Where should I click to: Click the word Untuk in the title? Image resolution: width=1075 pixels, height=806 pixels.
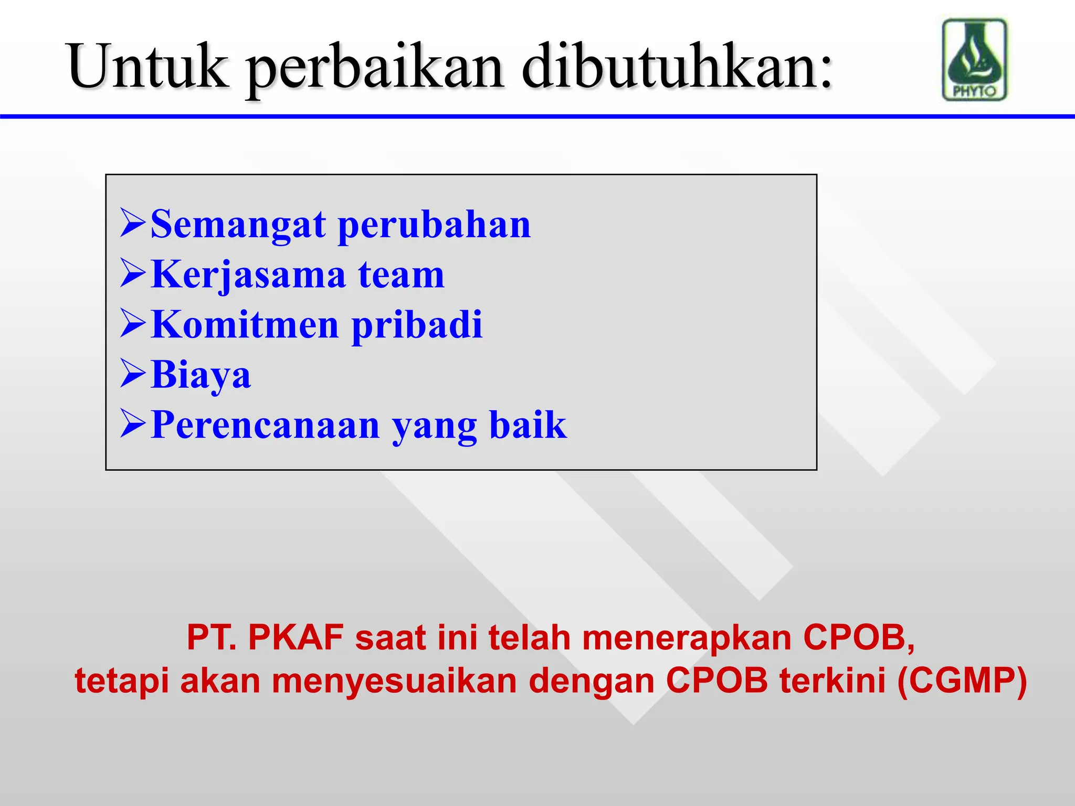[148, 67]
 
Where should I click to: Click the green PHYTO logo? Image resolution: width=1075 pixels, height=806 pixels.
[975, 60]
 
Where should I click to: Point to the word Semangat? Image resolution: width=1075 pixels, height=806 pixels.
[238, 225]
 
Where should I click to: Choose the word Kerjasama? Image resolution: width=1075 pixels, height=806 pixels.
[248, 275]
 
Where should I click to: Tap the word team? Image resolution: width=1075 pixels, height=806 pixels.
[402, 275]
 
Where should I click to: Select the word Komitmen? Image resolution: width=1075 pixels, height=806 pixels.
[245, 324]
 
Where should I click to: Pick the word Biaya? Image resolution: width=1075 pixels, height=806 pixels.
[201, 375]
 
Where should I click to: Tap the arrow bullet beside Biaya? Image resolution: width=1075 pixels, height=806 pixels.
[132, 374]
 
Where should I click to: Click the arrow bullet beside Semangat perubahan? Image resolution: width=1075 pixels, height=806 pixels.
[132, 222]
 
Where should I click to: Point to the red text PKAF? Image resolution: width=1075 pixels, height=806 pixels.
[296, 638]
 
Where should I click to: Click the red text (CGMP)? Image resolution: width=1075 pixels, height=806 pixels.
[962, 681]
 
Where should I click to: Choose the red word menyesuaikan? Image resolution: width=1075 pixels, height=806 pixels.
[394, 682]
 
